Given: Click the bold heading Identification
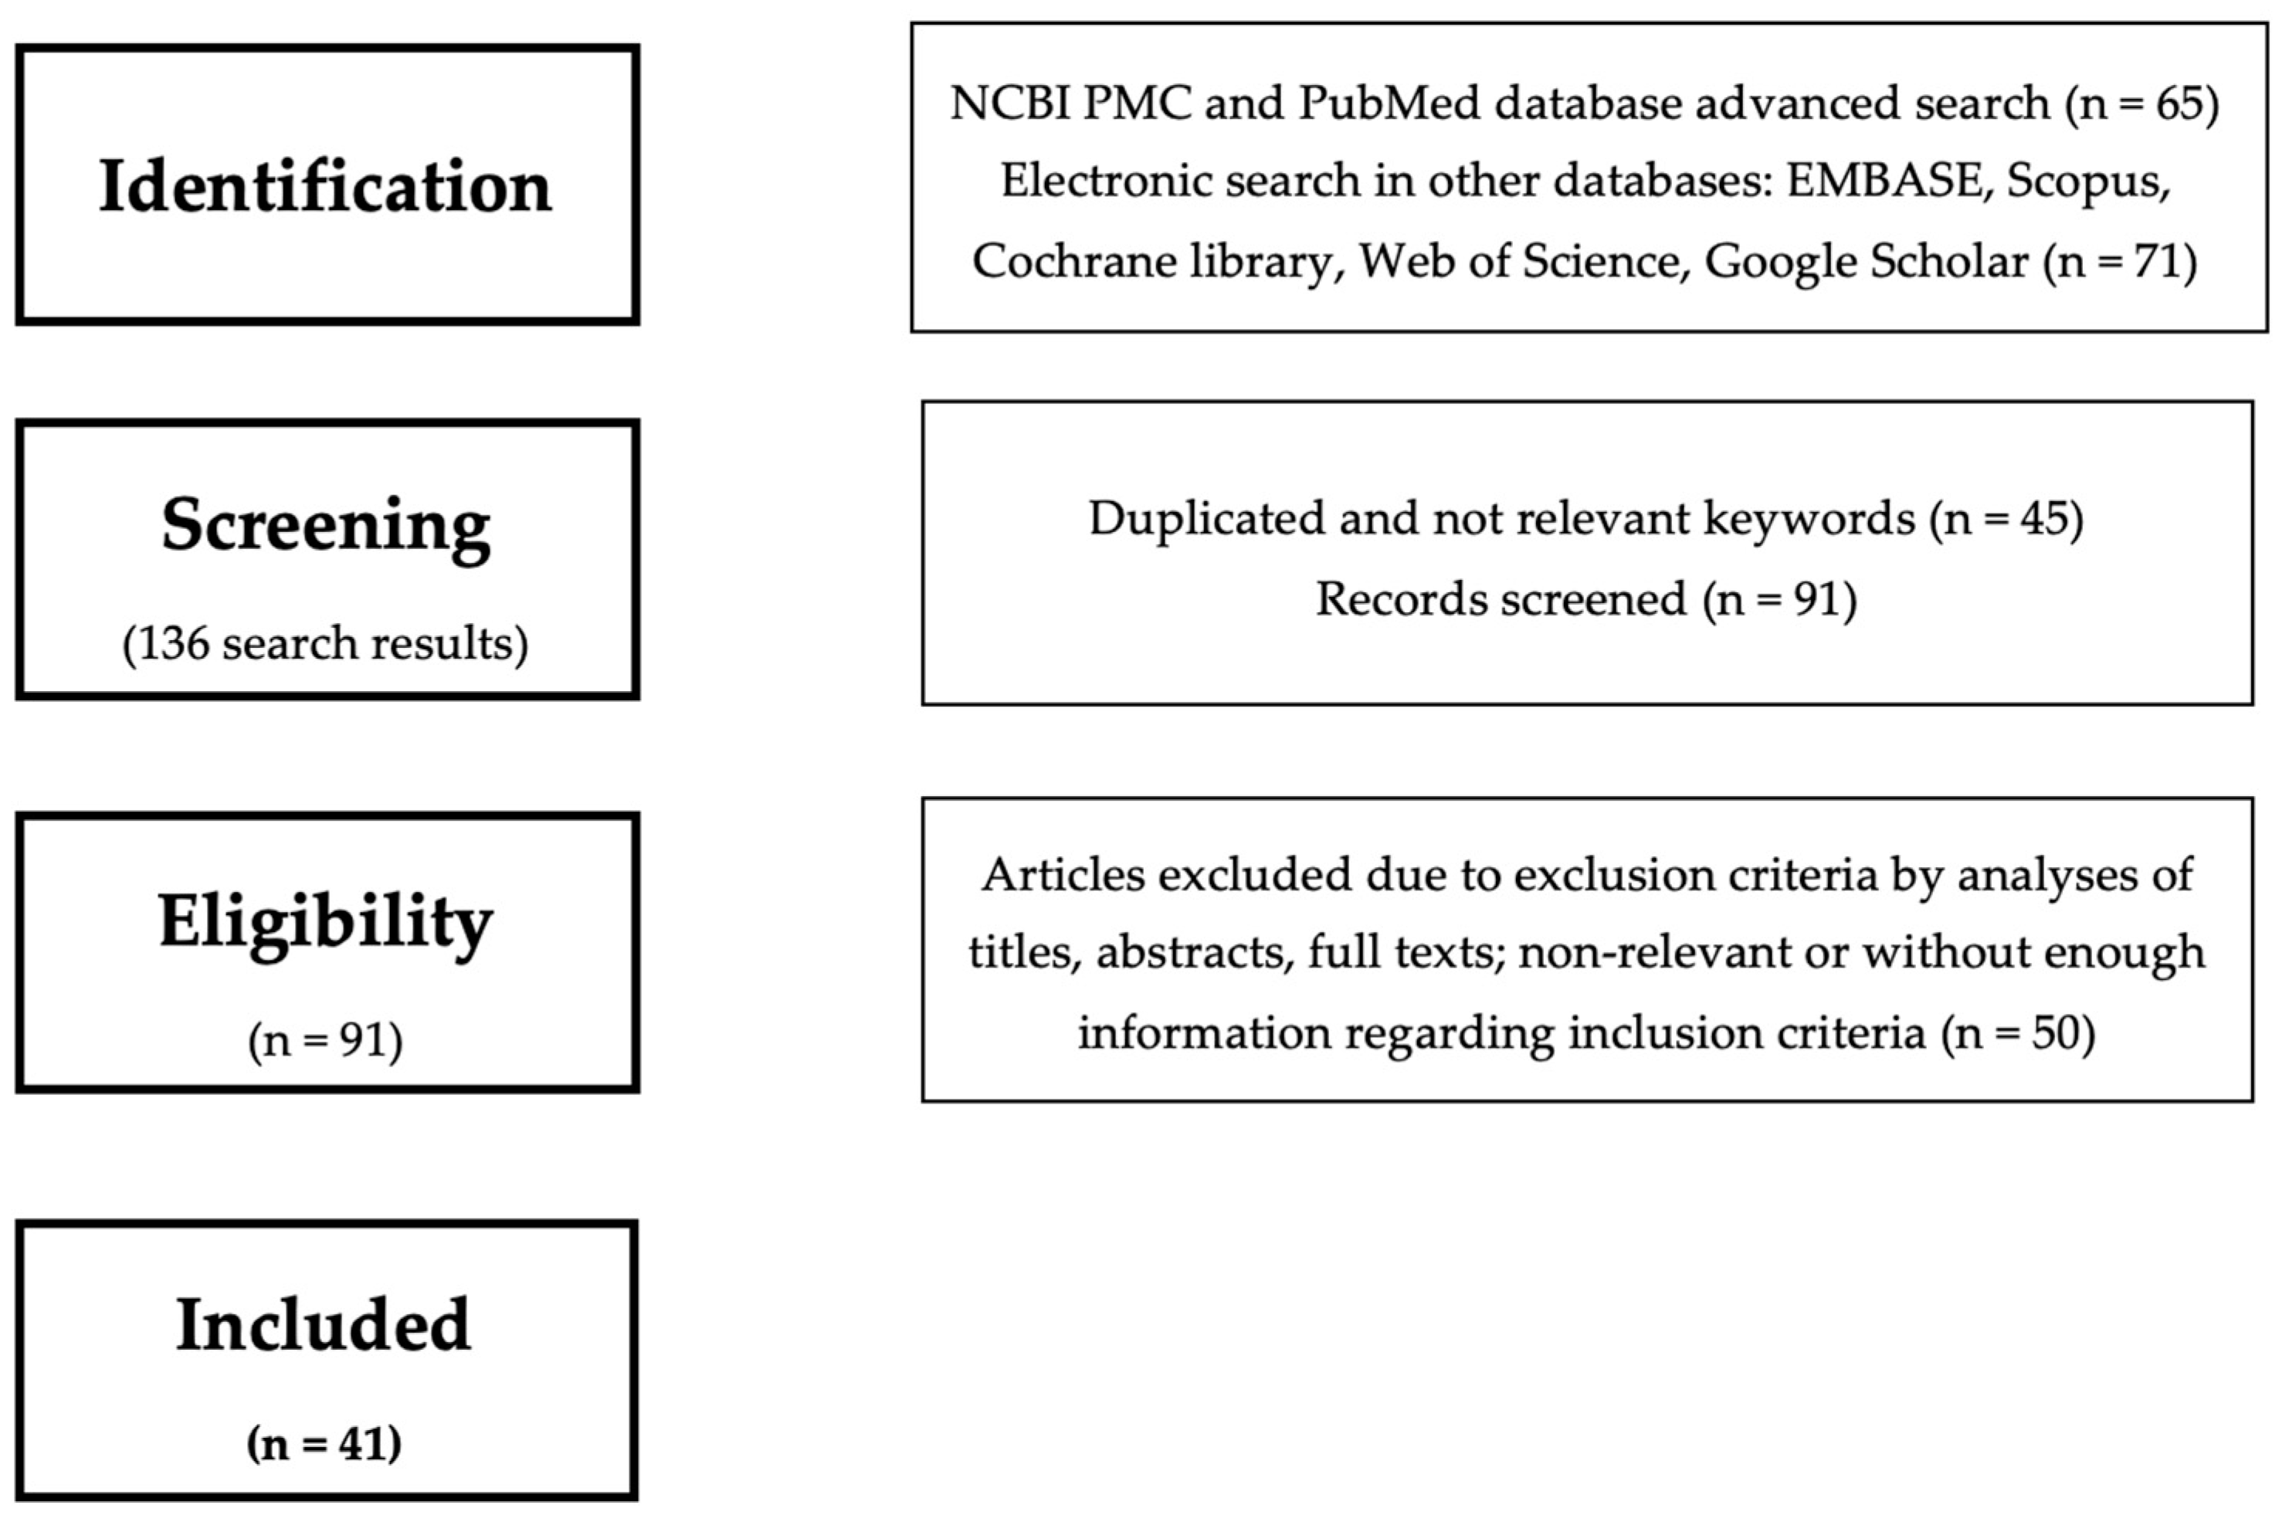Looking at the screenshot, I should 325,186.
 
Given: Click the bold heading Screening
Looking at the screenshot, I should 325,526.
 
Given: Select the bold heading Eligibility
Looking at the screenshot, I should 325,922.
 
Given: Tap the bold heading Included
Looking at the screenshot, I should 324,1325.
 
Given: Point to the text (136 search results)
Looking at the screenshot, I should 325,643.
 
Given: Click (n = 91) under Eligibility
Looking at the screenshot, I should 325,1042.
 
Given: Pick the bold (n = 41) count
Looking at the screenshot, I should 324,1443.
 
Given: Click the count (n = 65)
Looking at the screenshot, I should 2141,103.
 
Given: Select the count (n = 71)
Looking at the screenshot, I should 2119,262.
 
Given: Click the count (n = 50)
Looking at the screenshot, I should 2017,1032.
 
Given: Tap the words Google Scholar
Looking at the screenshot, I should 1866,262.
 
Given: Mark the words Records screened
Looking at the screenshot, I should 1501,599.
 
